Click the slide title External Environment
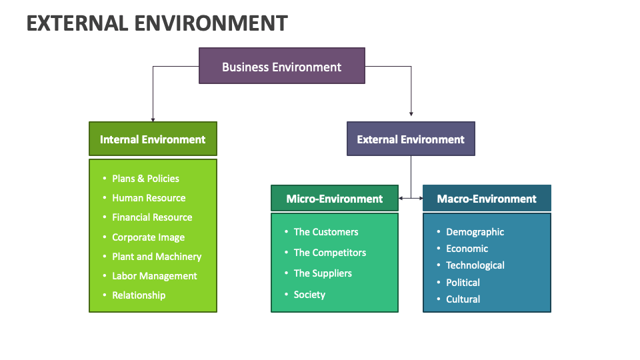coord(157,23)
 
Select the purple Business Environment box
coord(281,66)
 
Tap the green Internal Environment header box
coord(153,139)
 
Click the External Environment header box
coord(411,139)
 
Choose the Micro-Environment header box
coord(334,199)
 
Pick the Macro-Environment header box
coord(487,199)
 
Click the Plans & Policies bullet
coord(145,179)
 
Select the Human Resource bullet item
coord(149,198)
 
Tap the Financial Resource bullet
coord(152,217)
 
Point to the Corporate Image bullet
coord(148,237)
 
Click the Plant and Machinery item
coord(157,257)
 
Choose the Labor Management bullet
coord(155,276)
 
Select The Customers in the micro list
coord(326,232)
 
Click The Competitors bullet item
coord(330,253)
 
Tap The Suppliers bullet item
coord(323,273)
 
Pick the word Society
coord(309,295)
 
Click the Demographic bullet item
coord(475,232)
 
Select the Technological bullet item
coord(475,265)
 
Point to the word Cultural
coord(463,299)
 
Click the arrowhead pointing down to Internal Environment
coord(153,118)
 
